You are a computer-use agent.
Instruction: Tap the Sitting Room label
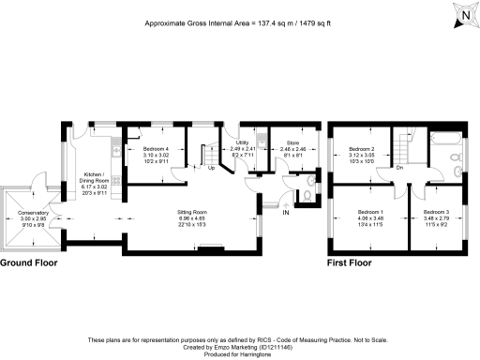pos(193,213)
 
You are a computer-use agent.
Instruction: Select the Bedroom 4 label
pos(156,149)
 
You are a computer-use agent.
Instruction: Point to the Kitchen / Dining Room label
pos(97,175)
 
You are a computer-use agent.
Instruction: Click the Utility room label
pos(242,143)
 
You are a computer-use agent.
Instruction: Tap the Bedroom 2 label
pos(362,149)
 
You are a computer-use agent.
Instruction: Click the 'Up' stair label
pos(211,169)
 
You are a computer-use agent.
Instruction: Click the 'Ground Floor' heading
pos(28,264)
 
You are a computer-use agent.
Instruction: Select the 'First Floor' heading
pos(352,264)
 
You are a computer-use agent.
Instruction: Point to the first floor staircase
pos(404,146)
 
